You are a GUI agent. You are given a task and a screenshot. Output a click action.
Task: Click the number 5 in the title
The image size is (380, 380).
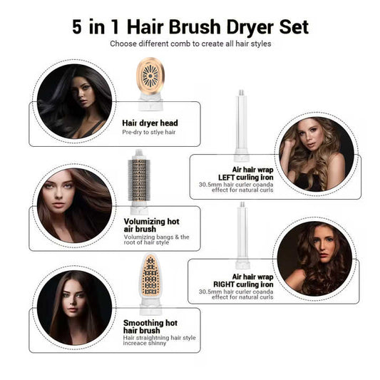pos(77,27)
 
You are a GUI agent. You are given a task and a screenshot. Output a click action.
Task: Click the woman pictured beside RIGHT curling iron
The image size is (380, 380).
pos(314,258)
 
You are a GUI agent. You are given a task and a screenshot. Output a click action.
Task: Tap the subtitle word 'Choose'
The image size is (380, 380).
pos(122,43)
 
